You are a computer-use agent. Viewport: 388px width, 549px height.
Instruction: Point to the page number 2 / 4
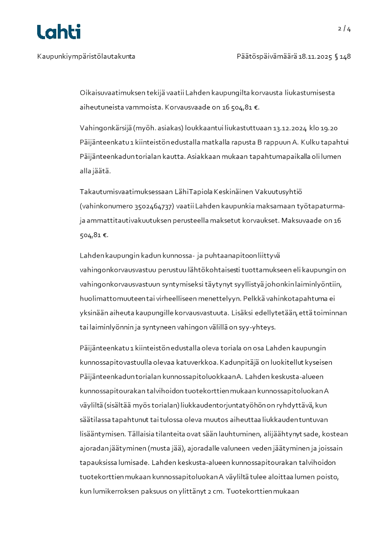tap(344, 28)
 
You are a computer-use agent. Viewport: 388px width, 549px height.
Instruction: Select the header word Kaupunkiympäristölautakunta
tap(86, 56)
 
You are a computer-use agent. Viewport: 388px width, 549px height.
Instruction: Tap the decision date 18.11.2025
tap(315, 56)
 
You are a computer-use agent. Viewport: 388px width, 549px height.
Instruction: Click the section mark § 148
tap(342, 56)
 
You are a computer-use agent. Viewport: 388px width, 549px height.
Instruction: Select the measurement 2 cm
tap(212, 490)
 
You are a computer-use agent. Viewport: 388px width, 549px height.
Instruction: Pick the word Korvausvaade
tap(187, 107)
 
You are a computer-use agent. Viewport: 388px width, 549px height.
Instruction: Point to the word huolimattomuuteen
tap(109, 298)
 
